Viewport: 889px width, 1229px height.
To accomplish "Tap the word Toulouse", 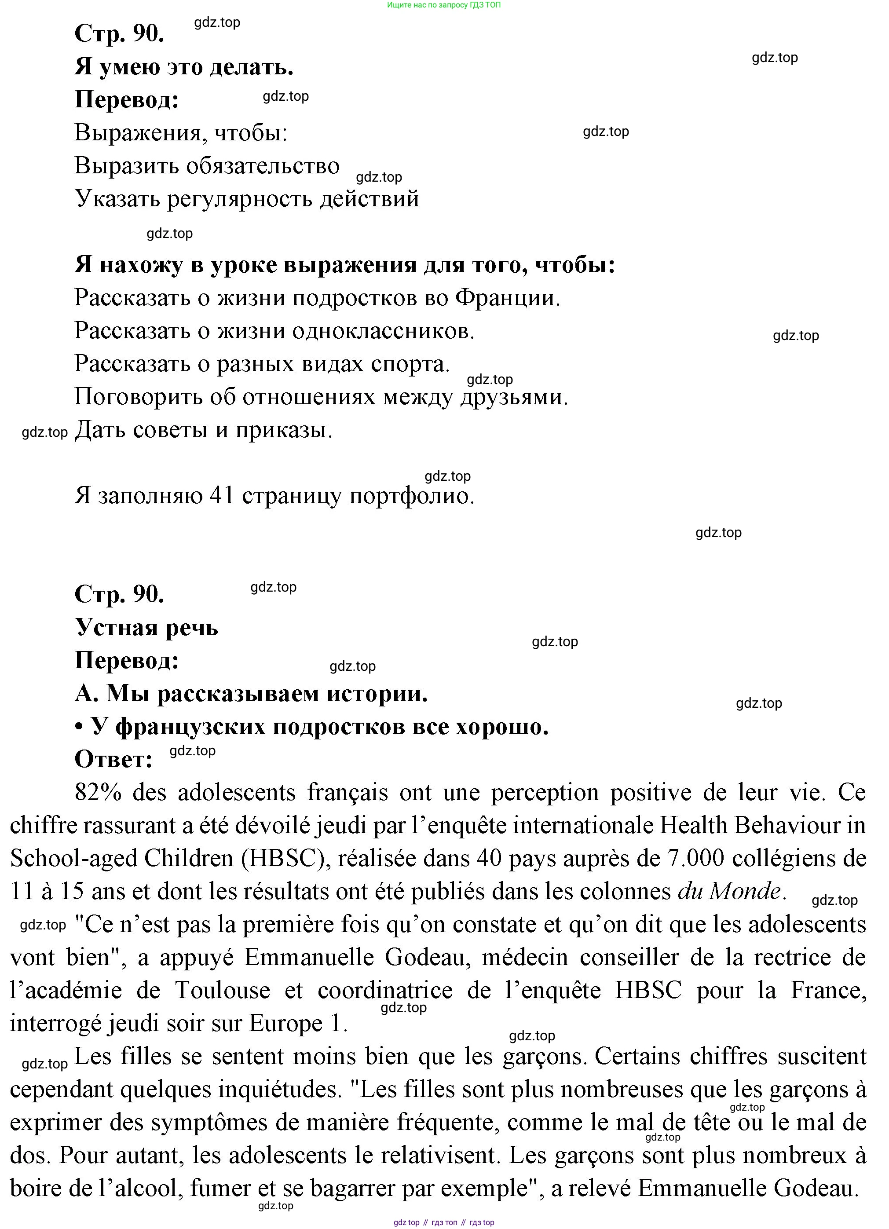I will click(223, 991).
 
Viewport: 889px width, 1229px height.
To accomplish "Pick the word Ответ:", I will click(113, 759).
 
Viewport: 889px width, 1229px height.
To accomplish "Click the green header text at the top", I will click(444, 5).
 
